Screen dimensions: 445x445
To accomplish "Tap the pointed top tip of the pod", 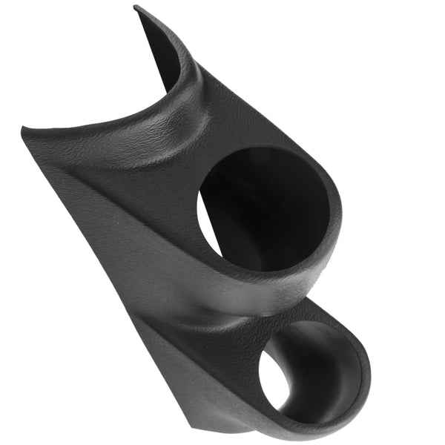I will (x=136, y=8).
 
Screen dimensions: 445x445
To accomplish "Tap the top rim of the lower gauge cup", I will (x=319, y=315).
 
